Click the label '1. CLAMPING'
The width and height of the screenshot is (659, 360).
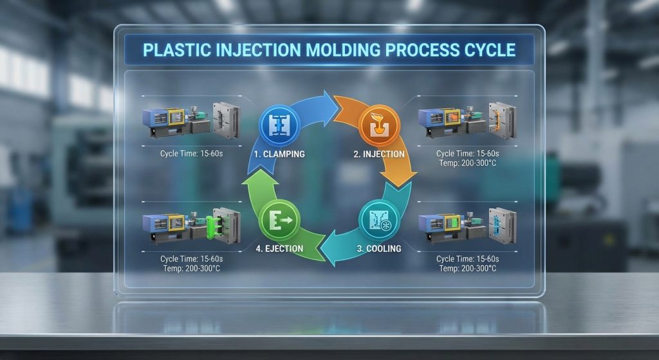(x=279, y=155)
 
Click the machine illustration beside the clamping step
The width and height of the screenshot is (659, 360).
(x=191, y=118)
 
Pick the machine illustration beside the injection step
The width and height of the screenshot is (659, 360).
(x=467, y=118)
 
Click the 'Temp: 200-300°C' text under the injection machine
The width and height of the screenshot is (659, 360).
(x=467, y=164)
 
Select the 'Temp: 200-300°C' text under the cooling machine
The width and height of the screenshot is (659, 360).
(x=467, y=268)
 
